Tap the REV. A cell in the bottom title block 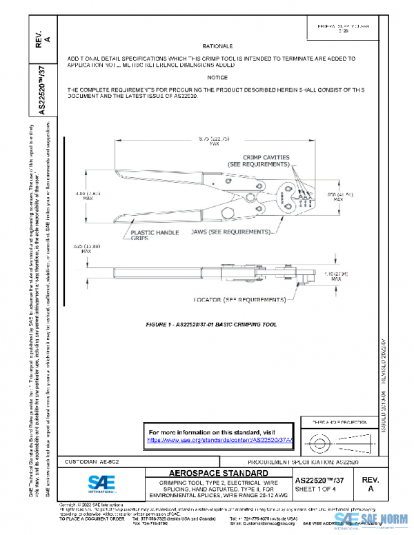[371, 483]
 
